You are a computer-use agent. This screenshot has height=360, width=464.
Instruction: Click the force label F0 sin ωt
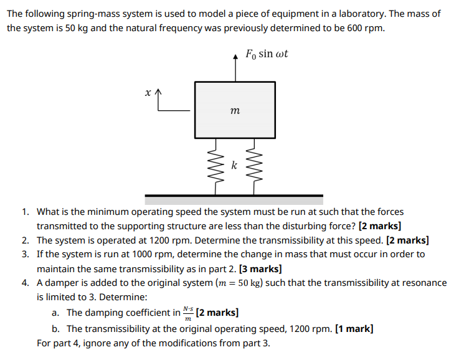point(267,54)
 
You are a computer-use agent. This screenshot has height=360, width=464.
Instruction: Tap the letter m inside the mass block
point(234,110)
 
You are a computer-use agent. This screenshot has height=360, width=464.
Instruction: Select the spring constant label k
point(234,165)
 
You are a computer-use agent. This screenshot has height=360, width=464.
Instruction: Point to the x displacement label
point(148,92)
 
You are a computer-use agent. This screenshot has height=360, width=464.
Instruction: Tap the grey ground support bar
point(234,200)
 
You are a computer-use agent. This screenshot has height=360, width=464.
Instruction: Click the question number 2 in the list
point(25,240)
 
